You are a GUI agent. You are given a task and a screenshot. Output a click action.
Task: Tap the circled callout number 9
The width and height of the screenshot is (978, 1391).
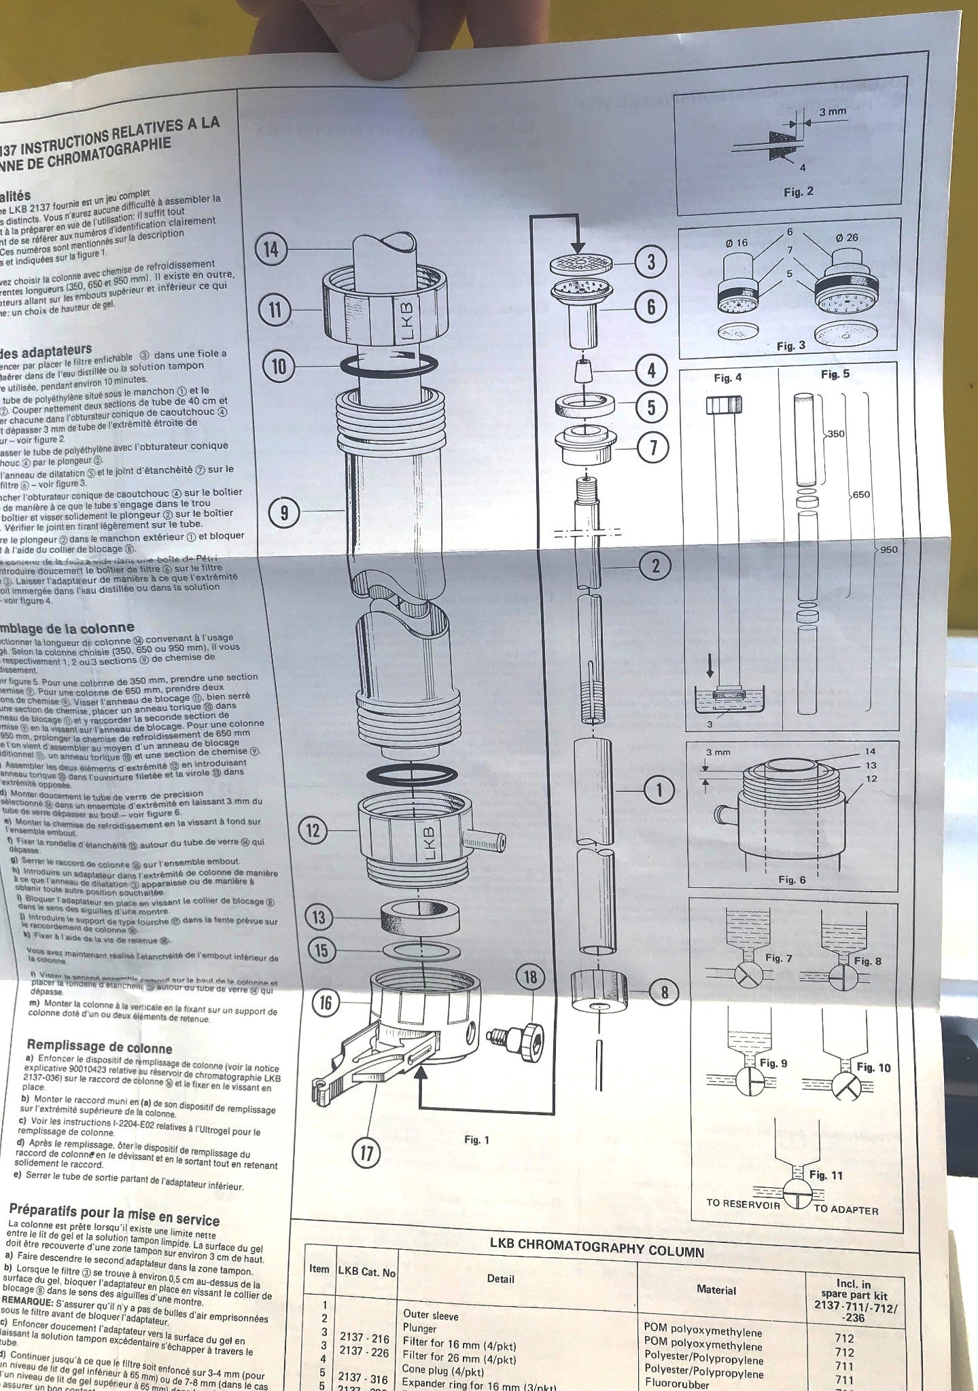[x=285, y=513]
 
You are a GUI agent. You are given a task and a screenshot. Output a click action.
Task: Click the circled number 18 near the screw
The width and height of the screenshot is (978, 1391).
[x=530, y=977]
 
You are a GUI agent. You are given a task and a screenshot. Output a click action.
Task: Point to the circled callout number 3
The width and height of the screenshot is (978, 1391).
[x=651, y=262]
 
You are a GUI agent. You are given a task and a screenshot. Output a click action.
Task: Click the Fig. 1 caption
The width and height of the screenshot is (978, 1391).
[x=476, y=1140]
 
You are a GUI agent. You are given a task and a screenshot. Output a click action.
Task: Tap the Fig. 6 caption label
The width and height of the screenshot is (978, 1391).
[x=792, y=880]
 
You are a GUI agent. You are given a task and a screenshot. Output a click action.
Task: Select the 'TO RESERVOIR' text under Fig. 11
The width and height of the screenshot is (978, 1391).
[x=743, y=1202]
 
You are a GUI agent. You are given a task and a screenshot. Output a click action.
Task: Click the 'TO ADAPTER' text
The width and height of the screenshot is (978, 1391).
[x=845, y=1210]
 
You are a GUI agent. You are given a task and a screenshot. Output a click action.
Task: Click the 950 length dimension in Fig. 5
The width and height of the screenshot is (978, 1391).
[x=888, y=549]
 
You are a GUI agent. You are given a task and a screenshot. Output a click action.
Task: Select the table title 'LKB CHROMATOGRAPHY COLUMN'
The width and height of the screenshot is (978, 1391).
[x=597, y=1251]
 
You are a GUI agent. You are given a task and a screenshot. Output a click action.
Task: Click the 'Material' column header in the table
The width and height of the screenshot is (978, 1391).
[x=716, y=1290]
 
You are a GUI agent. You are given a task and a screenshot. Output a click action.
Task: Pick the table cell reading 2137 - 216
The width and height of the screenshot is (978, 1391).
[x=365, y=1339]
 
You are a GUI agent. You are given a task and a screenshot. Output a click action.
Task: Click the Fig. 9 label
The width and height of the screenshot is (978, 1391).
[x=773, y=1063]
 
